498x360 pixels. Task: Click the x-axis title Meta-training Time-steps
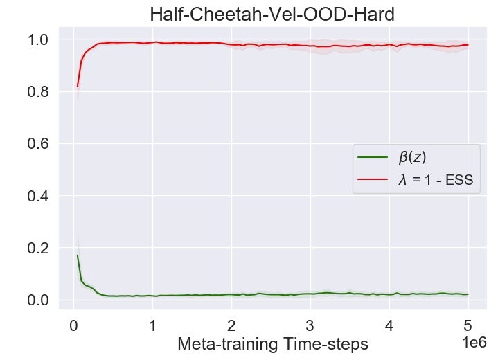(x=273, y=343)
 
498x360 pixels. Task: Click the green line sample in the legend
(x=371, y=158)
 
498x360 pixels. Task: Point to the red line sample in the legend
(x=371, y=181)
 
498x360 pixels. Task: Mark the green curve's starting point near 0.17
(x=78, y=255)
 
